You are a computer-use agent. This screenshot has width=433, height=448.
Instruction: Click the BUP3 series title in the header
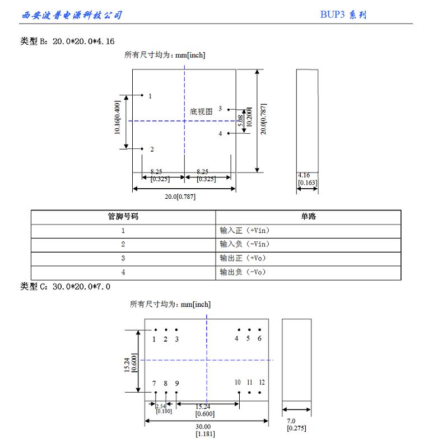pyautogui.click(x=343, y=15)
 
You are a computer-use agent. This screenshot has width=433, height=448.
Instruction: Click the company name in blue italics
pyautogui.click(x=71, y=15)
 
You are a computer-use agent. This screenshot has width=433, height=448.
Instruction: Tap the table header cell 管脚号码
pyautogui.click(x=123, y=217)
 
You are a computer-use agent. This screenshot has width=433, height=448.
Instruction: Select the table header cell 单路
pyautogui.click(x=308, y=217)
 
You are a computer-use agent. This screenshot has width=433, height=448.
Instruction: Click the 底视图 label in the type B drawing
pyautogui.click(x=202, y=111)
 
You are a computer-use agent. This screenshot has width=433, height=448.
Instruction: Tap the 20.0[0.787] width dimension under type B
pyautogui.click(x=180, y=197)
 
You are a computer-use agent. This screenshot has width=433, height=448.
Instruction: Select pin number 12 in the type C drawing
pyautogui.click(x=262, y=382)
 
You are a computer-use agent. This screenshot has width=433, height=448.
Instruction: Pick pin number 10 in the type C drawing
pyautogui.click(x=238, y=382)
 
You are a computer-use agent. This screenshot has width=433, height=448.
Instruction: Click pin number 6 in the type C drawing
pyautogui.click(x=259, y=339)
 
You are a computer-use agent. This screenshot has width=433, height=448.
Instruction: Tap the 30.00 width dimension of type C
pyautogui.click(x=203, y=426)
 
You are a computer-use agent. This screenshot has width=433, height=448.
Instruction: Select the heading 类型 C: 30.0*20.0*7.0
pyautogui.click(x=66, y=287)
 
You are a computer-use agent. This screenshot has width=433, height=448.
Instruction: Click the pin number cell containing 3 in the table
pyautogui.click(x=123, y=258)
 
